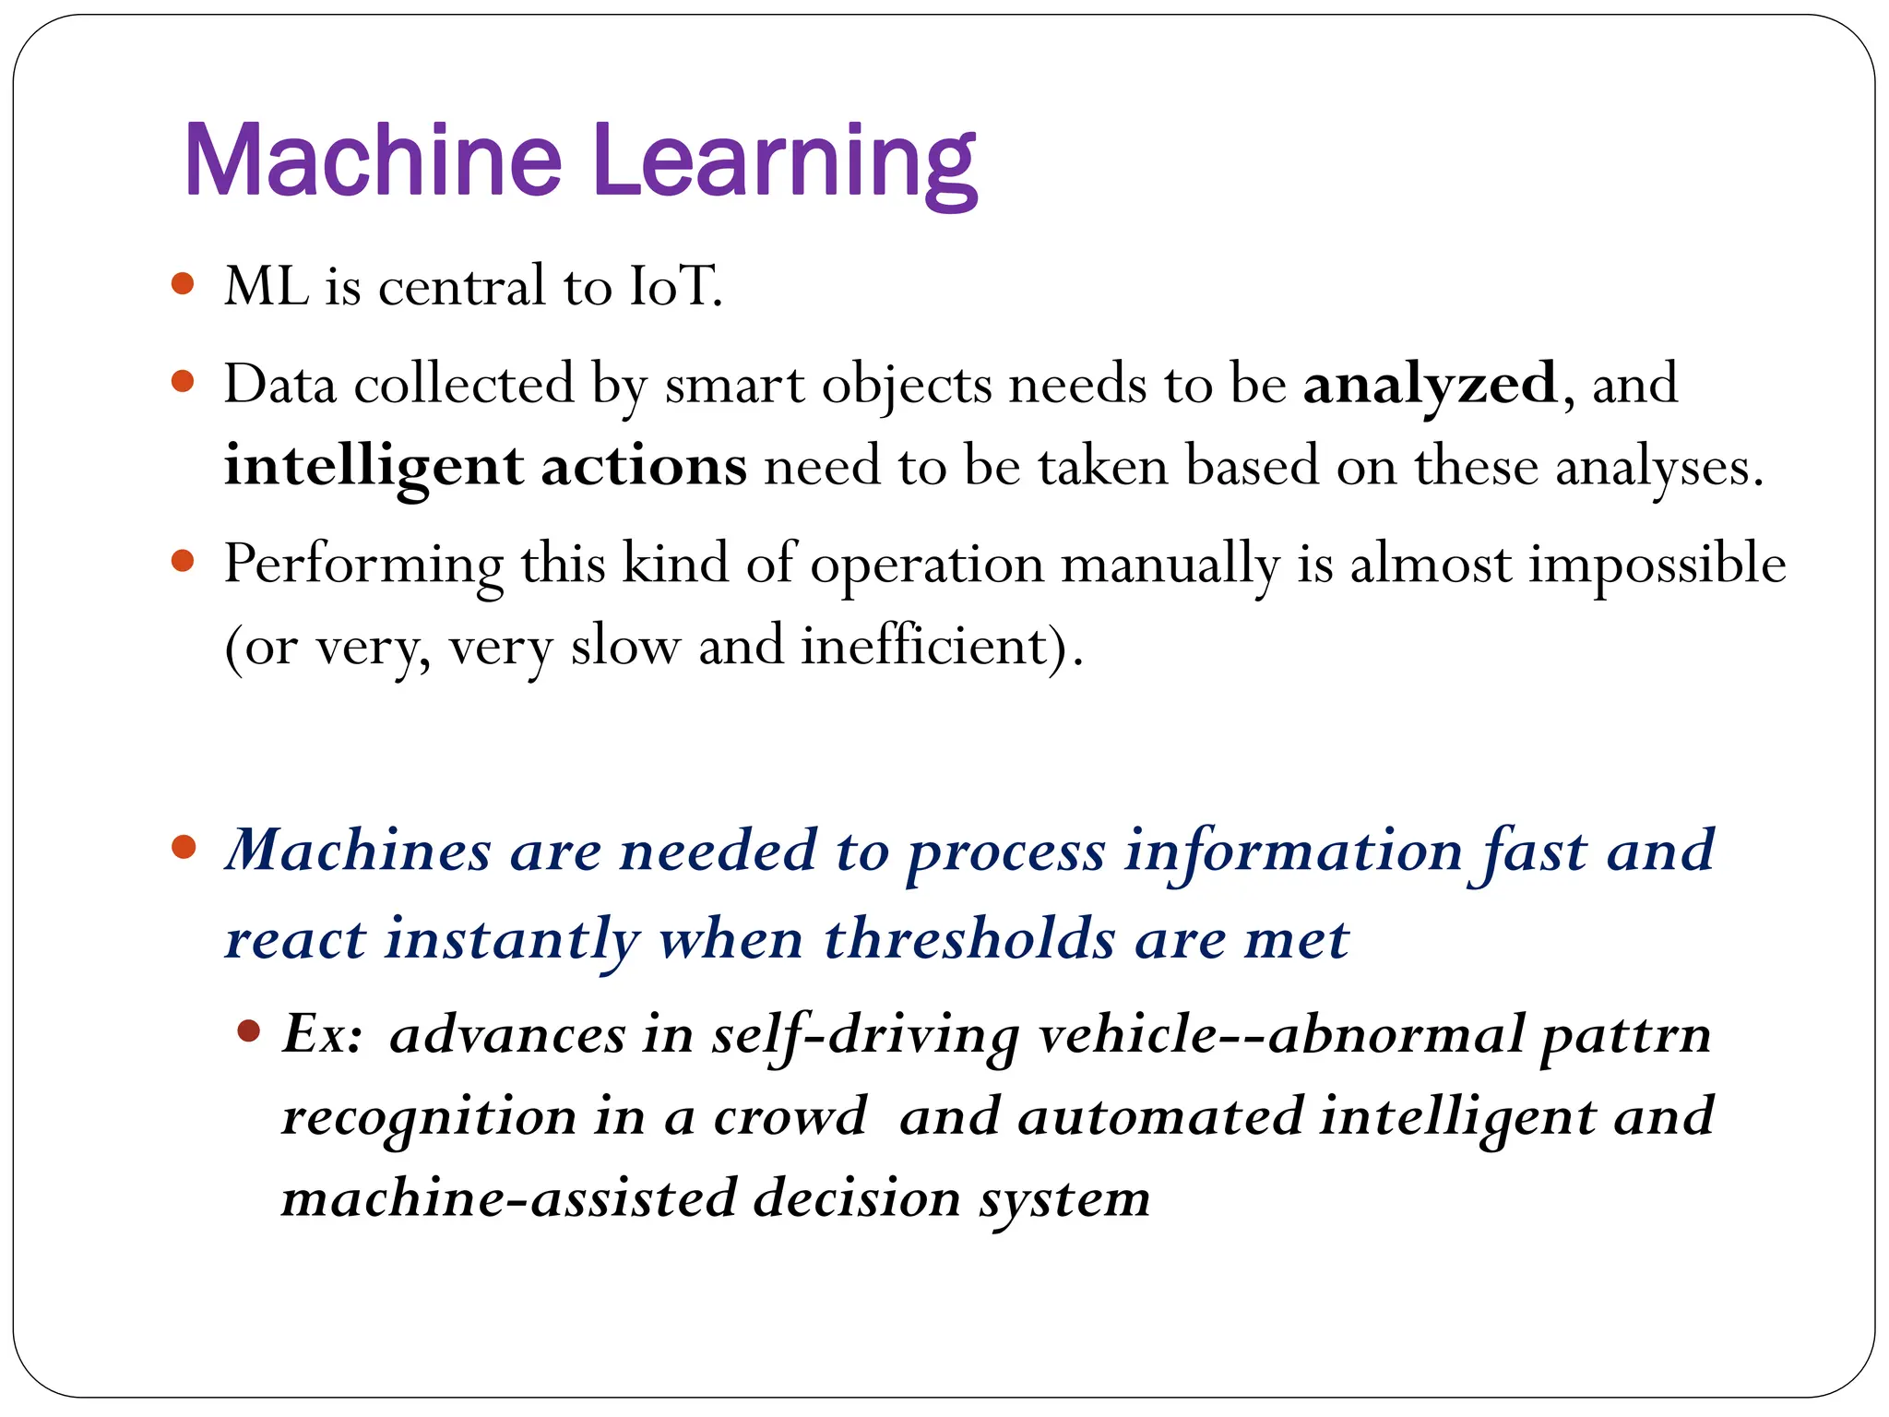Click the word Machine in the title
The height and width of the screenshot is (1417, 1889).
click(x=373, y=161)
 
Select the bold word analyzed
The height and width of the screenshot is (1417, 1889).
click(x=1430, y=384)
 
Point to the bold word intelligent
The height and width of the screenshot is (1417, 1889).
click(x=374, y=466)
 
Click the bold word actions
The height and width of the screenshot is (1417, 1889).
click(x=643, y=466)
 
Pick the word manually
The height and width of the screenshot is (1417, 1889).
click(x=1170, y=564)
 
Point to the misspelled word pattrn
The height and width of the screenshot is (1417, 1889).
click(x=1625, y=1035)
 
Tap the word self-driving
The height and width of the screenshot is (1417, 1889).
click(x=864, y=1035)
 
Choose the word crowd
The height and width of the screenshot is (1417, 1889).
click(x=790, y=1116)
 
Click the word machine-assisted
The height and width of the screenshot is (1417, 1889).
click(x=508, y=1198)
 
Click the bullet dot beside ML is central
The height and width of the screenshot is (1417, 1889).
click(x=183, y=283)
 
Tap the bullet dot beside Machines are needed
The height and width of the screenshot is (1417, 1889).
click(x=184, y=847)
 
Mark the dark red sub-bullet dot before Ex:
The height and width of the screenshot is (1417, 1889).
click(x=248, y=1030)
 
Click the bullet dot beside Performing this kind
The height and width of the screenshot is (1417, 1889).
click(x=183, y=561)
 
